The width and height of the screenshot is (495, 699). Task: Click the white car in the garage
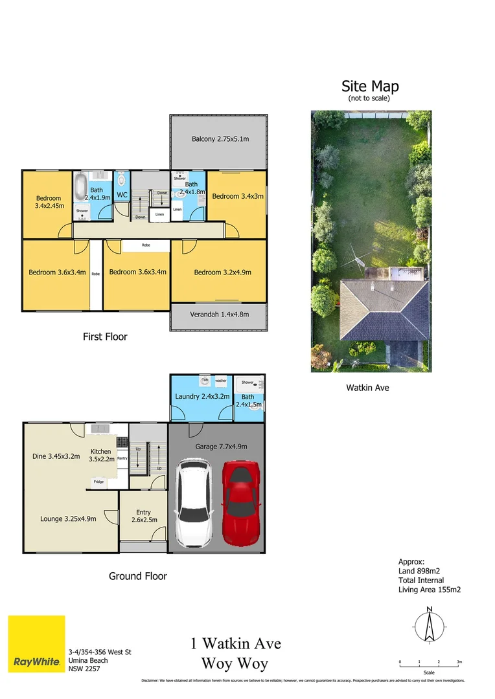[194, 502]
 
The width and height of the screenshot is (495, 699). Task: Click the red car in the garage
[241, 503]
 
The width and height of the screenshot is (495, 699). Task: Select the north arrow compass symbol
[429, 626]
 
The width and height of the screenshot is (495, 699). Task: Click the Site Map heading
[370, 86]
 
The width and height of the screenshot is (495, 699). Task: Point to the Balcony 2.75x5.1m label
[220, 139]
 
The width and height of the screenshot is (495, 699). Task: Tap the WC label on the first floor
[122, 194]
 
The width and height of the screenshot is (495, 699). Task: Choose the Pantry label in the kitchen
[122, 458]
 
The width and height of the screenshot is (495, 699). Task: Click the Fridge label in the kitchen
[98, 482]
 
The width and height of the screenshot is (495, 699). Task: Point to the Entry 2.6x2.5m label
[143, 516]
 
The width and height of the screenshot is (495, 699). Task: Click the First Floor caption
[105, 337]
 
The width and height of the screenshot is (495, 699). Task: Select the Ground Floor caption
[138, 576]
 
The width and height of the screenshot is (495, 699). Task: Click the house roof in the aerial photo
[384, 311]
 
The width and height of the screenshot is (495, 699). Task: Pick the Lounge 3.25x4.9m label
[68, 518]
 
